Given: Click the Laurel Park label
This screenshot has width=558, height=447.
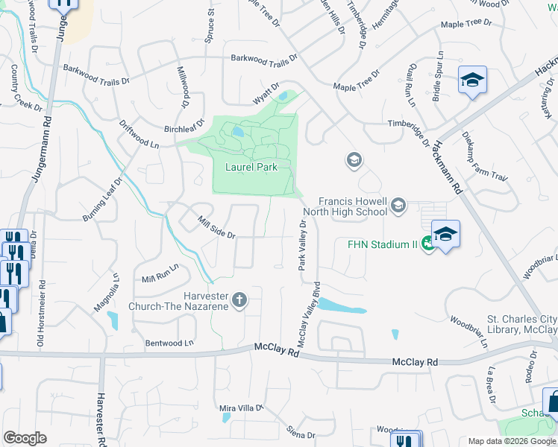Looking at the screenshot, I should pos(251,167).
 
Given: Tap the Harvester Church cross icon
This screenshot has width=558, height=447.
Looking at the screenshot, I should pos(239,299).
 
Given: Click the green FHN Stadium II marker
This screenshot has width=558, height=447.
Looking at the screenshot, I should pos(427,243).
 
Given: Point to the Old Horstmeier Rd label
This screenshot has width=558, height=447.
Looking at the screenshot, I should pos(41,314).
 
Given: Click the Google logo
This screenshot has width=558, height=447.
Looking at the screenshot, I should pos(25,438).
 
